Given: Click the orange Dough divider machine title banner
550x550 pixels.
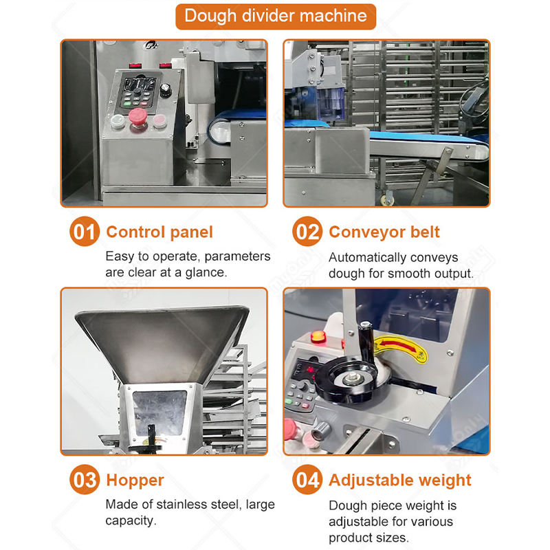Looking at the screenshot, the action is click(x=276, y=16).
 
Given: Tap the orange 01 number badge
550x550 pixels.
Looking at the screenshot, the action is click(x=85, y=232).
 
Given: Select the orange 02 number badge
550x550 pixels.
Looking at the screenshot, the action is click(x=307, y=232).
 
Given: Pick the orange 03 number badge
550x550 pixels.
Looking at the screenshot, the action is click(x=85, y=479).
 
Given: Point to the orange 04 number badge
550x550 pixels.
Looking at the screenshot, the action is click(x=307, y=479).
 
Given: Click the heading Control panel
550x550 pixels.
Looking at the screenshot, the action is click(x=159, y=232).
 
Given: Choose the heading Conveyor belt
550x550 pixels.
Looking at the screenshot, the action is click(x=384, y=232).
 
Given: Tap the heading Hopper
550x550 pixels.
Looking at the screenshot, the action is click(x=135, y=481).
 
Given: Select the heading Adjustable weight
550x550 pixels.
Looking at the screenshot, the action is click(x=400, y=481).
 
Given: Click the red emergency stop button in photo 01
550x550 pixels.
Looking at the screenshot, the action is click(x=138, y=117).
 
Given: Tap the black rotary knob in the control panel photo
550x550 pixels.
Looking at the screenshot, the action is click(x=165, y=91).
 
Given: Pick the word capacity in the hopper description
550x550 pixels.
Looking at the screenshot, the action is click(x=130, y=521).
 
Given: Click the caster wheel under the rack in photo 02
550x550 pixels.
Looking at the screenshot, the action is click(x=388, y=199).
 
